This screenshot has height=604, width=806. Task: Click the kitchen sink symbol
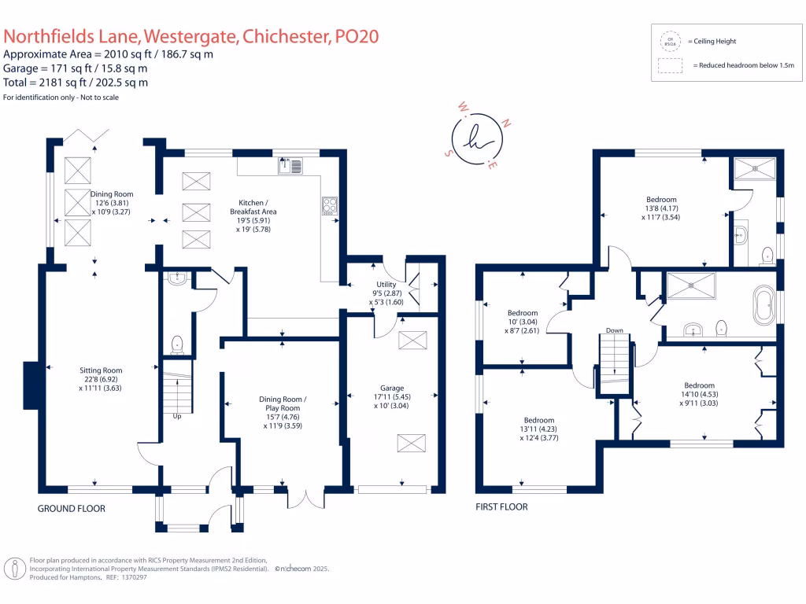(x=290, y=164)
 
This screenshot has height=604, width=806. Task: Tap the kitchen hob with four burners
(x=329, y=204)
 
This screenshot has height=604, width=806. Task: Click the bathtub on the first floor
(x=763, y=305)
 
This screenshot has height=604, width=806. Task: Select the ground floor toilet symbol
(x=177, y=344)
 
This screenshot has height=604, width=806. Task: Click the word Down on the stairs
(x=615, y=330)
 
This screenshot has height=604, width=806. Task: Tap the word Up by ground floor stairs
(x=176, y=416)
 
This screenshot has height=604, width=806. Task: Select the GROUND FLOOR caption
(x=72, y=509)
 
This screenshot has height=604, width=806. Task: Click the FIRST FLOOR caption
(x=501, y=507)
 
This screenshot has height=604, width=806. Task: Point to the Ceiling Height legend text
(x=712, y=41)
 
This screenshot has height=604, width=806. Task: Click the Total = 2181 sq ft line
(x=76, y=83)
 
